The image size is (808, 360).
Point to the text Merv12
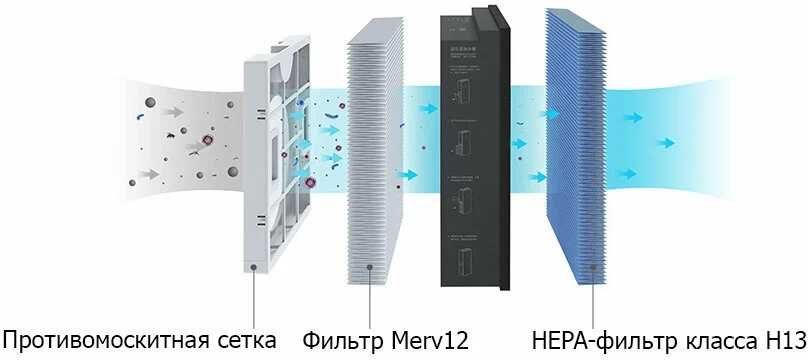point(433,340)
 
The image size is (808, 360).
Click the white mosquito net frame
point(262,150)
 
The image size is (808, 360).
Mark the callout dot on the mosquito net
point(257,268)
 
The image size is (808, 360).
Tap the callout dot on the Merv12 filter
point(371,267)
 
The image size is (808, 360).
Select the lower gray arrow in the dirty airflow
point(150,174)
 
